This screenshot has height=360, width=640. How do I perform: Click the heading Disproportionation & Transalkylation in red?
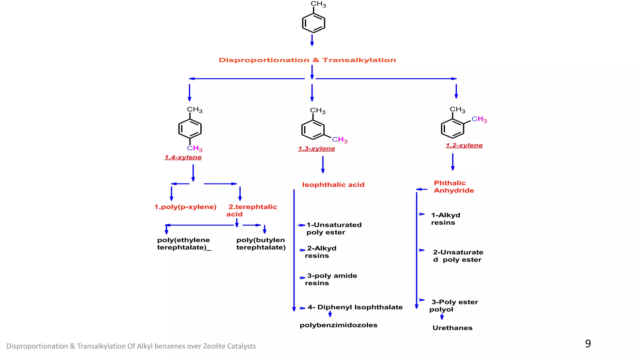[307, 60]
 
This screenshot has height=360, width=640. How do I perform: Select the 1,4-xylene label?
[183, 157]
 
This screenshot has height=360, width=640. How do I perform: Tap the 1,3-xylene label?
[316, 149]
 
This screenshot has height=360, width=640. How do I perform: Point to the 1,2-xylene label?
[464, 145]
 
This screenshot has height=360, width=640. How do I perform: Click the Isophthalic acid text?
[333, 185]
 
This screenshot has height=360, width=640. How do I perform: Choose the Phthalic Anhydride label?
[453, 187]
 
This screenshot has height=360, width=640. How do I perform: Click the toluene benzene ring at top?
[313, 23]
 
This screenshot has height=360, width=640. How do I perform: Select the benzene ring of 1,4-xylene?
[190, 129]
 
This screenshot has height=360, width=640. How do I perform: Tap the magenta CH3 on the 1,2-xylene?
[479, 119]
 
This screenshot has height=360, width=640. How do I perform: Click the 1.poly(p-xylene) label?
[185, 207]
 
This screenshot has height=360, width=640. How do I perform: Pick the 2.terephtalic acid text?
[252, 210]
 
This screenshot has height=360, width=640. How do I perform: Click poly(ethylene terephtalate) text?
[184, 244]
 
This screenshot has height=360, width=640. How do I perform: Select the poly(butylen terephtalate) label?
[261, 244]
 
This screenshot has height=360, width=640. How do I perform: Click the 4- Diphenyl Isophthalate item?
[355, 307]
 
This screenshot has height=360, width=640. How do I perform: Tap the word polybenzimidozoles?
[338, 325]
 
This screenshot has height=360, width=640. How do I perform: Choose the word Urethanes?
[452, 328]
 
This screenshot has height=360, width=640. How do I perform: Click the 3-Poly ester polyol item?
[453, 306]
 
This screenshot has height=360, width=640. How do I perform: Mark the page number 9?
[588, 344]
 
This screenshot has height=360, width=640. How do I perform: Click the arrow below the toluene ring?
[312, 40]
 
